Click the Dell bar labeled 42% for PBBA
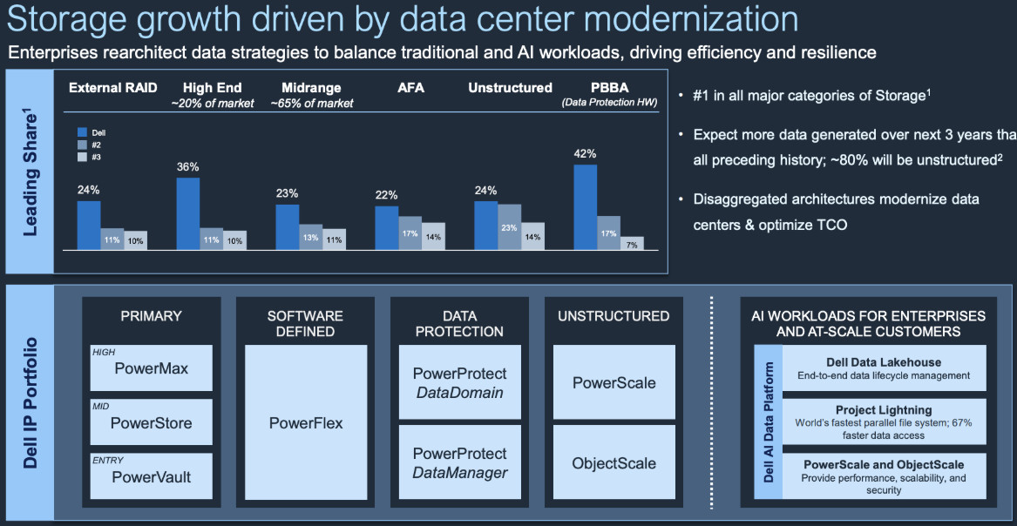click(585, 207)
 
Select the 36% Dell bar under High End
click(187, 213)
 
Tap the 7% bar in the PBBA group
click(632, 243)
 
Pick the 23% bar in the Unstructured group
click(510, 227)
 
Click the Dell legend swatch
click(84, 132)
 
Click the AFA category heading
click(410, 87)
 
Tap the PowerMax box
click(151, 368)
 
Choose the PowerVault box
click(151, 476)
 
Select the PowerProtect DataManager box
click(459, 463)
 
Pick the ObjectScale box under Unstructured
click(614, 463)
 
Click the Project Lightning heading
click(884, 410)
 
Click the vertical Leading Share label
click(31, 172)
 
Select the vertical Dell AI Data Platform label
click(768, 421)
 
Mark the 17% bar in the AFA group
click(410, 233)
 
